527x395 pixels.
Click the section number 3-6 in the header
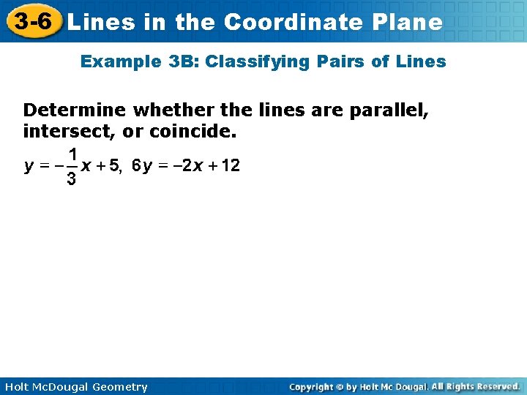point(31,20)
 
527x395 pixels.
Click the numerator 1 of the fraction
point(72,154)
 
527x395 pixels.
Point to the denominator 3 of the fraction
point(71,179)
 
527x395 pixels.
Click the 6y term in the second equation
point(141,166)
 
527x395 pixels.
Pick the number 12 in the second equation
point(231,166)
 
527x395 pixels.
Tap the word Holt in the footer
point(16,387)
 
